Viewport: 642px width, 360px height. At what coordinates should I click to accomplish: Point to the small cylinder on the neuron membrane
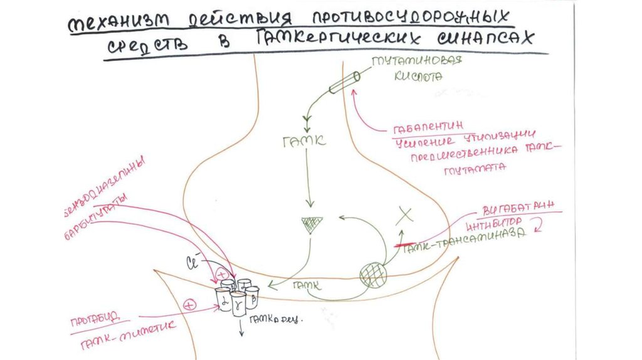342,82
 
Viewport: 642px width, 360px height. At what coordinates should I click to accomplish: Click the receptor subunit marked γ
238,304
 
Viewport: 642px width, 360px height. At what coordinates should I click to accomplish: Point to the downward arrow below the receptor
241,327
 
